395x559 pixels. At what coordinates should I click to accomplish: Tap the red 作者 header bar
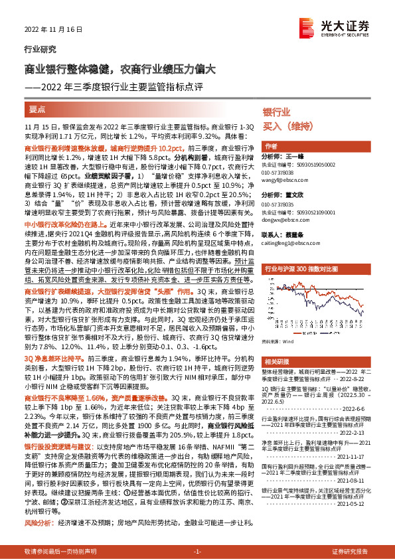pyautogui.click(x=271, y=146)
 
